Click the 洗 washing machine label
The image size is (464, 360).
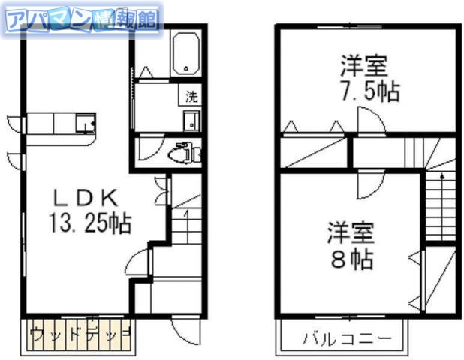tap(191, 97)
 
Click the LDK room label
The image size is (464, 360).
tap(83, 199)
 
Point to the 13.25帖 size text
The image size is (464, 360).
tap(89, 223)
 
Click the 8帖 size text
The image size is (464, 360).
tap(351, 259)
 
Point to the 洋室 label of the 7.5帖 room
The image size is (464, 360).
tap(364, 66)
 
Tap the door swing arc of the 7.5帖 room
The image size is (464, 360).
tap(370, 120)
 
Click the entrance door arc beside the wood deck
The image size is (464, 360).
tap(183, 328)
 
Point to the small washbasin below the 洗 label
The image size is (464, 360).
tap(190, 118)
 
